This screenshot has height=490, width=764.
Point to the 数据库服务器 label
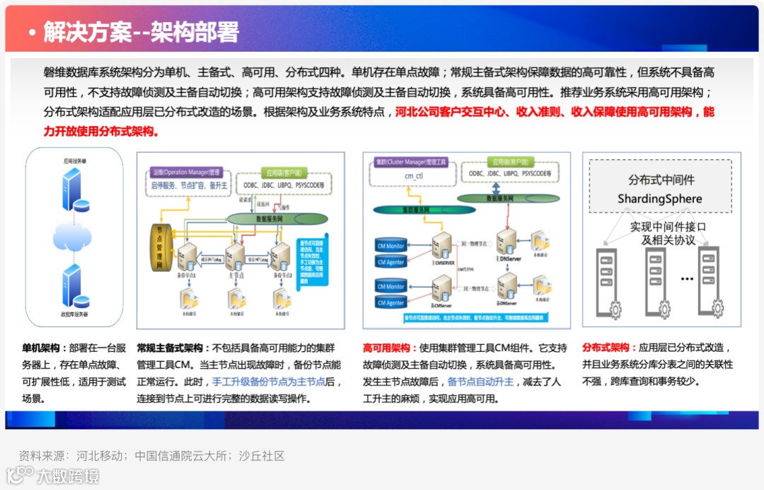(x=74, y=312)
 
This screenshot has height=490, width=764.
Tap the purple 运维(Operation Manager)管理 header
(x=186, y=172)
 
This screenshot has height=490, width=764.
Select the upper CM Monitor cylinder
(x=390, y=246)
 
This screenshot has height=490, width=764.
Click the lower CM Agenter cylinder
(x=390, y=302)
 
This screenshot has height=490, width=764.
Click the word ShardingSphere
(x=660, y=198)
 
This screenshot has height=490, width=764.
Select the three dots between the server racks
(x=687, y=279)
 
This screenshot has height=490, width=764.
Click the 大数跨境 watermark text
(x=69, y=476)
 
